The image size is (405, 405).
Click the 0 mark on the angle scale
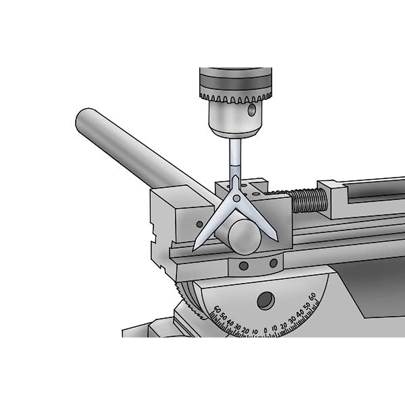[265, 330]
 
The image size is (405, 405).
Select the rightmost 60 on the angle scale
[313, 297]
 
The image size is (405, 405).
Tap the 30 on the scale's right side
[293, 321]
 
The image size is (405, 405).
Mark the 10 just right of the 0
[275, 328]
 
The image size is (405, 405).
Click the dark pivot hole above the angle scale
[266, 300]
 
